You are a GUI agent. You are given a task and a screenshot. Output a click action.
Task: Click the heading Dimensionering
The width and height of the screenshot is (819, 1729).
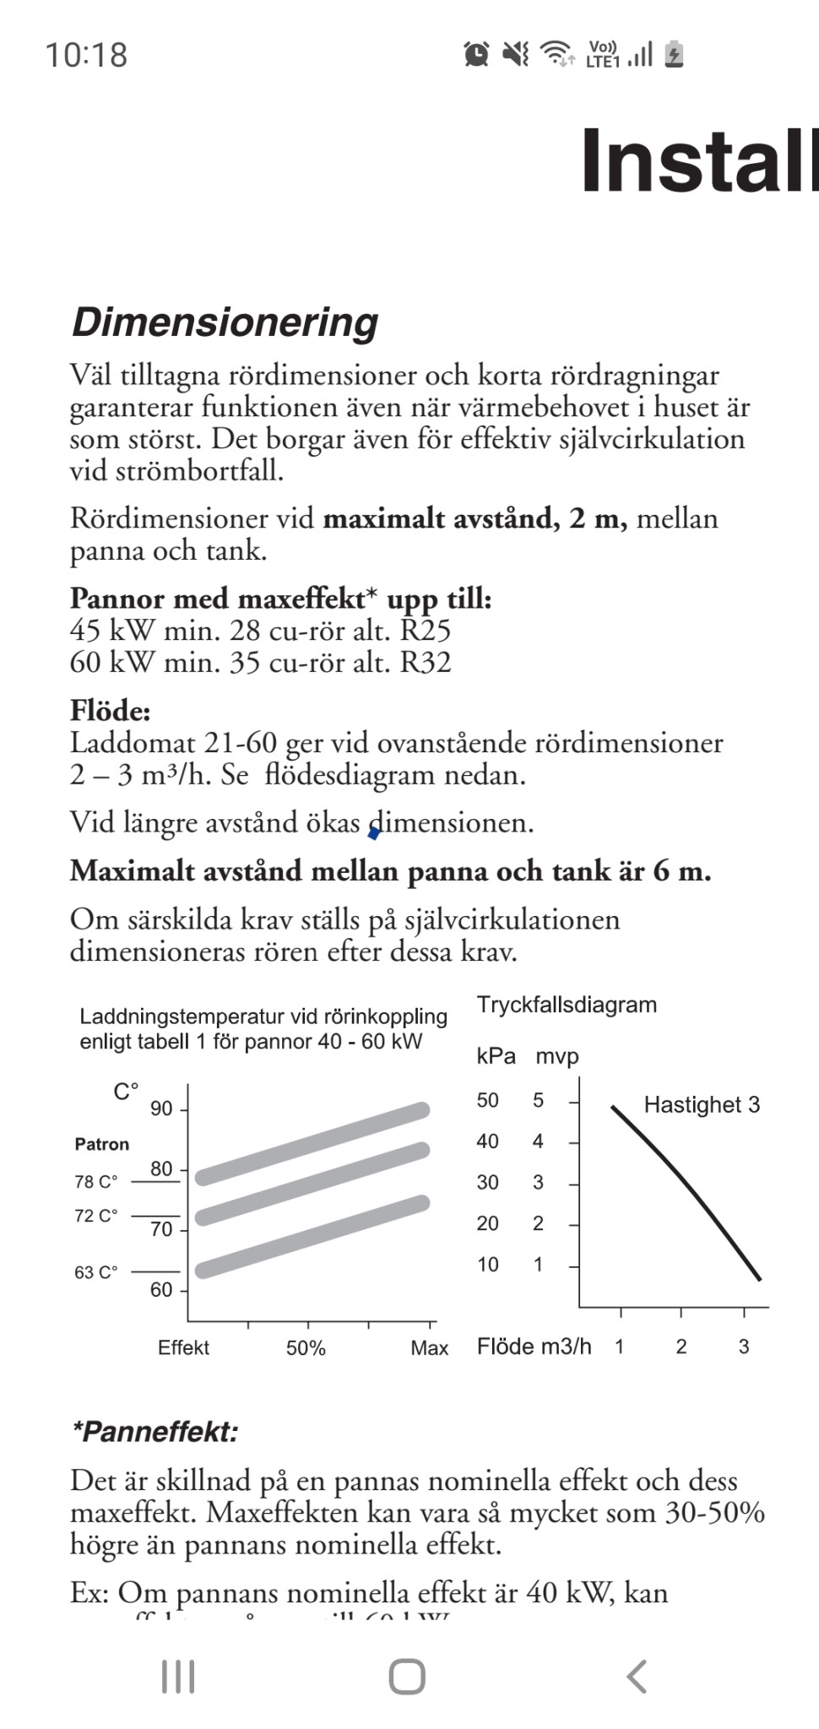pyautogui.click(x=225, y=322)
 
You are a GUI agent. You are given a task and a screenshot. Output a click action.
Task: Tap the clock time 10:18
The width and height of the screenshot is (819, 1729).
pyautogui.click(x=86, y=56)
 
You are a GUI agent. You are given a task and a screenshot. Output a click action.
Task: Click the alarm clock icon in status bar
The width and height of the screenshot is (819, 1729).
pyautogui.click(x=476, y=54)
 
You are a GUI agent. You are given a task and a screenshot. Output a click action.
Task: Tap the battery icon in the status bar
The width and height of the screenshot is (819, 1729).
pyautogui.click(x=674, y=54)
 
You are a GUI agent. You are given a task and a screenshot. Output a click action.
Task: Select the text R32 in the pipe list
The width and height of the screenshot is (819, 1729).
pyautogui.click(x=426, y=662)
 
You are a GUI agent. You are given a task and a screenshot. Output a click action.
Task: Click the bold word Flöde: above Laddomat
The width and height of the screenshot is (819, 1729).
pyautogui.click(x=111, y=711)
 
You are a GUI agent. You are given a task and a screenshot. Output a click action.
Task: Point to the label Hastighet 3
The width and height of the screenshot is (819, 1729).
pyautogui.click(x=702, y=1104)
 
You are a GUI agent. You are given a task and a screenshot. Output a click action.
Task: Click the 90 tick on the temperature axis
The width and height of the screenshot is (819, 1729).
pyautogui.click(x=161, y=1108)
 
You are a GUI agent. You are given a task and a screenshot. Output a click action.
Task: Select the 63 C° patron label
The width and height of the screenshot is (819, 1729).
pyautogui.click(x=96, y=1271)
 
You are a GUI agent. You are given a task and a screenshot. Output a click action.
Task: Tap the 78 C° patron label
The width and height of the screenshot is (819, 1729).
pyautogui.click(x=96, y=1181)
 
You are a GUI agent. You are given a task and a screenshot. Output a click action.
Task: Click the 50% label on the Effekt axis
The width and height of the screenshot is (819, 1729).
pyautogui.click(x=306, y=1347)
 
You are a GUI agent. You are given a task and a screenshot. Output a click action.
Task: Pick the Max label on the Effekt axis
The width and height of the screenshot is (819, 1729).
pyautogui.click(x=429, y=1347)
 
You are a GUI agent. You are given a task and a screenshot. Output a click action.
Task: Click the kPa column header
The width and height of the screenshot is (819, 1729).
pyautogui.click(x=496, y=1056)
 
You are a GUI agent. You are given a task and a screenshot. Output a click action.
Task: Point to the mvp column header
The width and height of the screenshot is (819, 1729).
pyautogui.click(x=557, y=1056)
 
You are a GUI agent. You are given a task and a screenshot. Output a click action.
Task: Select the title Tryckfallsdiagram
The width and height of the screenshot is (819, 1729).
pyautogui.click(x=567, y=1005)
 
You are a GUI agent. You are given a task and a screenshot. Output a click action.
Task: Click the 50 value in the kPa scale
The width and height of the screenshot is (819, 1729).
pyautogui.click(x=488, y=1100)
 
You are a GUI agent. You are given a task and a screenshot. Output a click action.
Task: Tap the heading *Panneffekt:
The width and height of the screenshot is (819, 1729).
pyautogui.click(x=155, y=1432)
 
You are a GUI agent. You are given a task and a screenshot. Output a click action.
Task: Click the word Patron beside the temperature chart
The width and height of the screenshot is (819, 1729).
pyautogui.click(x=102, y=1144)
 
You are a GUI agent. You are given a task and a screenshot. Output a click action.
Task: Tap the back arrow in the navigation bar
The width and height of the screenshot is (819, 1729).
pyautogui.click(x=637, y=1676)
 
